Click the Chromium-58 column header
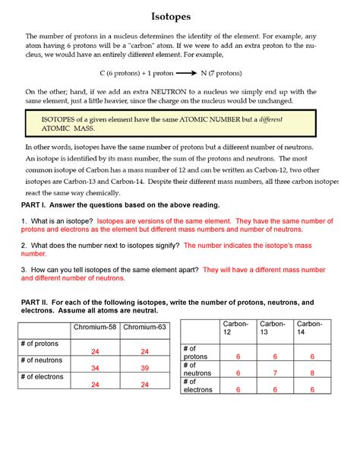(x=95, y=328)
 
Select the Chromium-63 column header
(x=144, y=328)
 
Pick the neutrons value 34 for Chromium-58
(x=95, y=368)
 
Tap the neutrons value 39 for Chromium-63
(x=144, y=368)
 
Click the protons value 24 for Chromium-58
(x=95, y=351)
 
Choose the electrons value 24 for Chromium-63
(x=144, y=385)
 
